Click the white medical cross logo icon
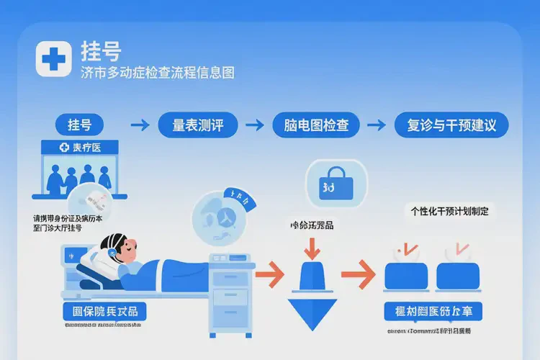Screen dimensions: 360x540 (53, 59)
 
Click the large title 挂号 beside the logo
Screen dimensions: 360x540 (102, 52)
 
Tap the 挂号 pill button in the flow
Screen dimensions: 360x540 (80, 125)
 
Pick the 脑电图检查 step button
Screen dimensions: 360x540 (312, 125)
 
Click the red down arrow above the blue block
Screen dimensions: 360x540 (312, 248)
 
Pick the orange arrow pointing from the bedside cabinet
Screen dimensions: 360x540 (270, 274)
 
